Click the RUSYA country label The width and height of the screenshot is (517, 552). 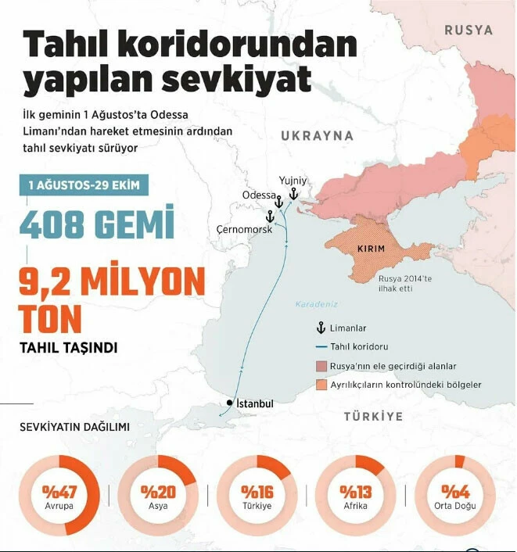click(469, 30)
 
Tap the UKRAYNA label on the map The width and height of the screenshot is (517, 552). click(317, 135)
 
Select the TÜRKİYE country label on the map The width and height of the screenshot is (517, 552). click(373, 417)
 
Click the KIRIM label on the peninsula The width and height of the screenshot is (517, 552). click(370, 249)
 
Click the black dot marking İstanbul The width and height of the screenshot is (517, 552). click(228, 403)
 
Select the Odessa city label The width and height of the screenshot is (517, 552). click(259, 195)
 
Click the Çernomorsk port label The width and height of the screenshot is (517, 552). click(244, 229)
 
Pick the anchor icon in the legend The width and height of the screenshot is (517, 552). click(319, 328)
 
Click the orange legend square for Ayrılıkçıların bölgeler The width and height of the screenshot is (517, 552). click(321, 385)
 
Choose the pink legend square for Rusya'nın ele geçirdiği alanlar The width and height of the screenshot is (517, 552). click(321, 366)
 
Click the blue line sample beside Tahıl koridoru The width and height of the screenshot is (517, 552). click(320, 347)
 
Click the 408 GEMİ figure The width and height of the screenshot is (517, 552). click(96, 225)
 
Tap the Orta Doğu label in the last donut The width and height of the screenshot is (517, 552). click(455, 506)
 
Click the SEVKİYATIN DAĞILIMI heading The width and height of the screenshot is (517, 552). click(74, 427)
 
